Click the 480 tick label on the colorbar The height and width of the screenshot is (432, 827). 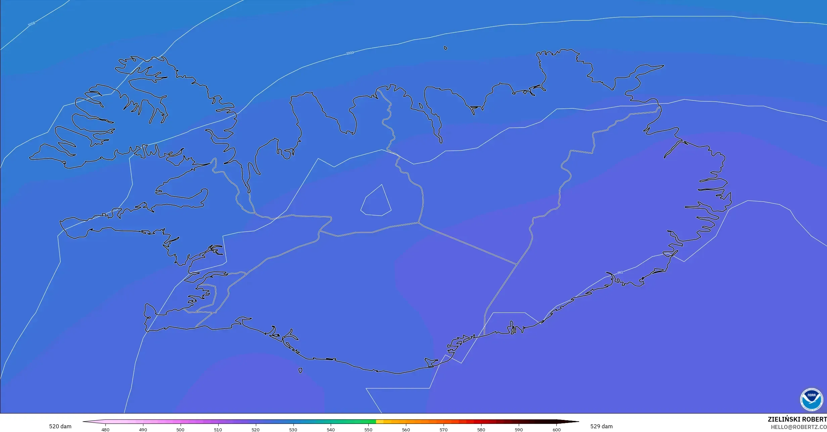105,430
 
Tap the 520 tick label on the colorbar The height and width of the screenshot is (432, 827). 256,430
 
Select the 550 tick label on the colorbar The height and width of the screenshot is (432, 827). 368,430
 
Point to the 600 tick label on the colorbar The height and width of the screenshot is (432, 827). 556,430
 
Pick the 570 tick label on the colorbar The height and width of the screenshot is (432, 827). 444,430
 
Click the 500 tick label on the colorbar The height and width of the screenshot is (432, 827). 180,430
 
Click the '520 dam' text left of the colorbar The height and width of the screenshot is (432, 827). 60,426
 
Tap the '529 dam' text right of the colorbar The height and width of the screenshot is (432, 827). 601,426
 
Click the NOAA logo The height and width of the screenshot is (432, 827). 812,400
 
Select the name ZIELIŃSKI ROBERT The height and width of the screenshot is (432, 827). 797,419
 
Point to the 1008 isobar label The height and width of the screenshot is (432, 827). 31,24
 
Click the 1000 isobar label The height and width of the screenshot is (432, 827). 350,53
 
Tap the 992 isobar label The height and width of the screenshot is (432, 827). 620,273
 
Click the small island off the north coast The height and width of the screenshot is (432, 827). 446,48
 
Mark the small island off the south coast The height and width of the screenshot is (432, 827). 300,371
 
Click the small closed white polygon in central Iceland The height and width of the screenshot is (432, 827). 376,202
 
